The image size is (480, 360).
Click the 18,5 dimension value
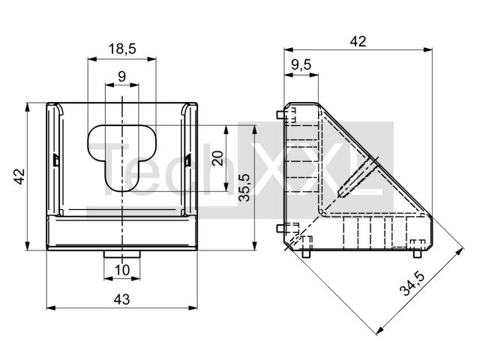click(x=121, y=49)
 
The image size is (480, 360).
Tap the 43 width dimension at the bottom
click(x=121, y=298)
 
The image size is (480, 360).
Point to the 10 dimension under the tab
click(x=121, y=270)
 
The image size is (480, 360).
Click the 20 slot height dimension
click(x=217, y=158)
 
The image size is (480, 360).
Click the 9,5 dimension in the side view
click(x=301, y=65)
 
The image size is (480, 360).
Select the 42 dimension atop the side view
click(x=358, y=41)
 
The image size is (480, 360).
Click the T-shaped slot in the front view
click(x=121, y=154)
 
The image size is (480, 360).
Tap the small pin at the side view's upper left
click(x=280, y=115)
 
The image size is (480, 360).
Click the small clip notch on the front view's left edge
click(x=56, y=160)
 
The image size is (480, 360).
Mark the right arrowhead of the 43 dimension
click(x=199, y=307)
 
